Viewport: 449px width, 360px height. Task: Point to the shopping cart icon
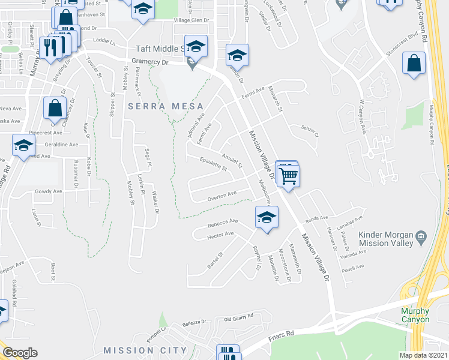click(x=289, y=176)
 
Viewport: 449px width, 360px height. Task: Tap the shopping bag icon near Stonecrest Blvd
click(x=414, y=63)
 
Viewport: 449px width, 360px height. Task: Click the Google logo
click(x=20, y=353)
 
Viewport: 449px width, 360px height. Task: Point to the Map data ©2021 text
click(x=423, y=355)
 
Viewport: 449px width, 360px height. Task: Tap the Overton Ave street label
click(x=222, y=195)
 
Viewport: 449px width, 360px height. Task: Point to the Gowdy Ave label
click(x=49, y=191)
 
